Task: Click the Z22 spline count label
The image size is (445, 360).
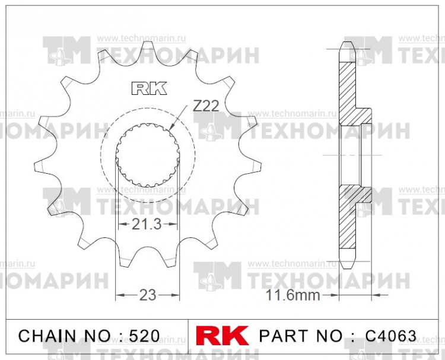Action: point(206,106)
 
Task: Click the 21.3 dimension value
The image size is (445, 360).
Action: point(146,224)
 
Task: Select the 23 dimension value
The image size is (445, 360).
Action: point(147,295)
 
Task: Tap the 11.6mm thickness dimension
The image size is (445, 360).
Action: point(293,295)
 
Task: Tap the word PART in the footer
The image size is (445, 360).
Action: point(284,336)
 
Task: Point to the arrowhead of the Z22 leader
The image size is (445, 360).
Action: point(171,128)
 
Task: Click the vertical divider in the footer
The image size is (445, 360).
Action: point(188,336)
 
